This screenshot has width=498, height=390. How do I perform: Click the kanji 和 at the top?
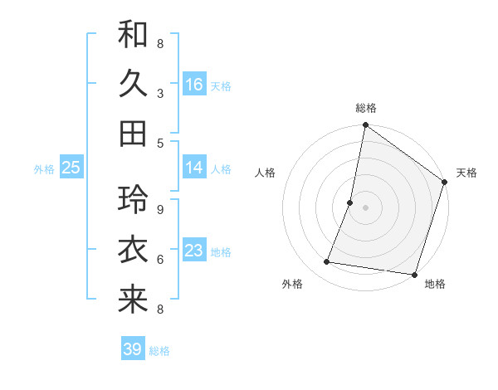point(133,35)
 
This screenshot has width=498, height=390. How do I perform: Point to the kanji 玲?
point(133,200)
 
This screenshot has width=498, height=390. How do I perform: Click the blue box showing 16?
point(194,85)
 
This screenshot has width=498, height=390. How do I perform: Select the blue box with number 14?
point(194,168)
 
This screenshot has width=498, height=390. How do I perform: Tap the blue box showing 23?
point(194,251)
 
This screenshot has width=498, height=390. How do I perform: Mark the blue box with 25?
point(71,168)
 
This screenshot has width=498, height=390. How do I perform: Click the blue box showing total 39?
point(133,349)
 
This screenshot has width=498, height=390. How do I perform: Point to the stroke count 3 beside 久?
point(160,94)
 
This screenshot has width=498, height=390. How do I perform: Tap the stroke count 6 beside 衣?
point(160,260)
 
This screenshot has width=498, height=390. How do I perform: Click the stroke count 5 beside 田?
point(160,143)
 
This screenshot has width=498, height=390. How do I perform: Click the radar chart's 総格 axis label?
point(365,108)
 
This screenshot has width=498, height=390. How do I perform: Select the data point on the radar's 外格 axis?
point(327,262)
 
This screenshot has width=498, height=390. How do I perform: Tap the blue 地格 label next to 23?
point(222,251)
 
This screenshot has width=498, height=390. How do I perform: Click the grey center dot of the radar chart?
point(365,207)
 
